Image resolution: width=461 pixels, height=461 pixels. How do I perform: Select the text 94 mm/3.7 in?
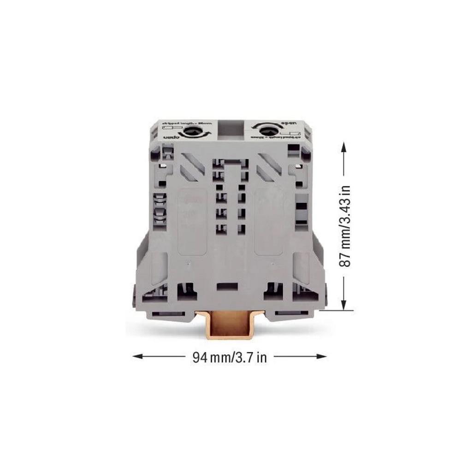(x=229, y=357)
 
